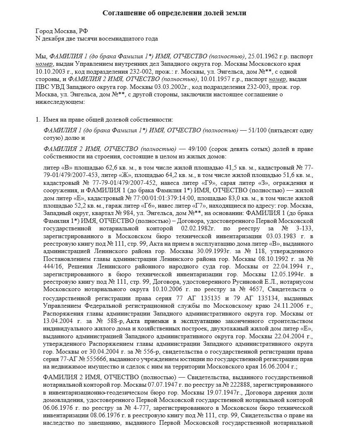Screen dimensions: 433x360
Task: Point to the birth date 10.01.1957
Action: pyautogui.click(x=214, y=79)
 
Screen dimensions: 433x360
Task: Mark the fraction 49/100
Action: pyautogui.click(x=199, y=148)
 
